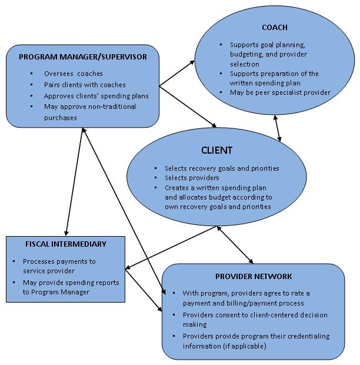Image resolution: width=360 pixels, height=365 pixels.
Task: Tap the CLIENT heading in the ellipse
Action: tap(216, 150)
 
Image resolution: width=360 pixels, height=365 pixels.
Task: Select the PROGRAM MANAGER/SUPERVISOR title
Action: tap(82, 57)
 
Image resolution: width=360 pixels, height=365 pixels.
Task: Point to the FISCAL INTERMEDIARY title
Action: tap(66, 244)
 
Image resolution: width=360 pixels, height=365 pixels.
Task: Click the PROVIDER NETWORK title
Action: tap(253, 276)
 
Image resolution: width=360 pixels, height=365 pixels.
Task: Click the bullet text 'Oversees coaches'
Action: tap(74, 74)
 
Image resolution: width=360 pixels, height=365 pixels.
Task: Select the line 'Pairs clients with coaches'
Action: tap(85, 85)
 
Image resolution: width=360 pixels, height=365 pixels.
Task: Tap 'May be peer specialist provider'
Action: tap(280, 92)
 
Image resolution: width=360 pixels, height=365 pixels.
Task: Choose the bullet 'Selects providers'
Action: tap(192, 178)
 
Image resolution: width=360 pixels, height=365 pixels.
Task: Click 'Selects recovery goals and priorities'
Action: tap(221, 168)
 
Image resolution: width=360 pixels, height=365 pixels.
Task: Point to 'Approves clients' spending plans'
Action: tap(96, 96)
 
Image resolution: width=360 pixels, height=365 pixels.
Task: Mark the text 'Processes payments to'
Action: tap(59, 261)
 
